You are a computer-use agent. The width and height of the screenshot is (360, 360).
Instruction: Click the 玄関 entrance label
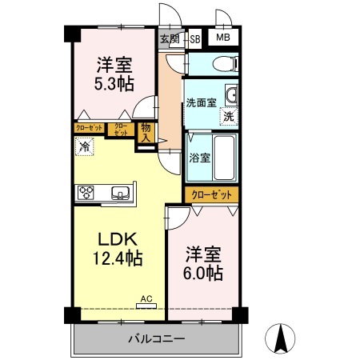click(169, 38)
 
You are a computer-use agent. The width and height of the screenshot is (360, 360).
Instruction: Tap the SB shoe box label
click(195, 38)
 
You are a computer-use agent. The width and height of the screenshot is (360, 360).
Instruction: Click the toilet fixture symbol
click(225, 62)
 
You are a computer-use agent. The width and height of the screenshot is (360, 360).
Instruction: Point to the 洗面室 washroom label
click(201, 102)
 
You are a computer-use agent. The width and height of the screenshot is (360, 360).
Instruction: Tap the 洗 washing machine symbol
click(229, 117)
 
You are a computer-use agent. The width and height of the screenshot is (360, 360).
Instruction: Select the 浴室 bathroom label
click(200, 158)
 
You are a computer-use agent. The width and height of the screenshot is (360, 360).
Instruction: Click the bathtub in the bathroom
click(226, 156)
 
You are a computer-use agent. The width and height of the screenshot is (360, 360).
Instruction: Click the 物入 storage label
click(146, 133)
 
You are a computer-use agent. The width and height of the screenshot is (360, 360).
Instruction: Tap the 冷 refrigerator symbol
click(85, 147)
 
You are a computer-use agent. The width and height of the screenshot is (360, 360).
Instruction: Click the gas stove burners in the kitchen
click(86, 192)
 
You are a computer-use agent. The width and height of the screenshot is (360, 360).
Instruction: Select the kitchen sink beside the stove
click(121, 192)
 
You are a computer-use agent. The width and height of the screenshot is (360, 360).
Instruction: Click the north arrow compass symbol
click(281, 338)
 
